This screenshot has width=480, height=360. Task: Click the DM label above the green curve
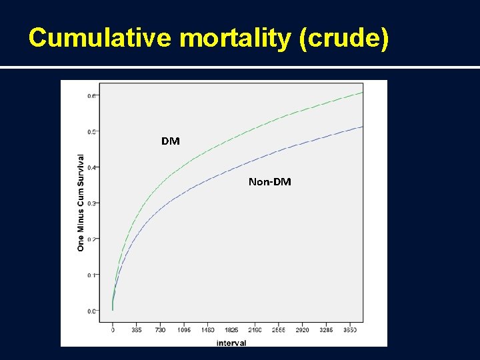click(170, 141)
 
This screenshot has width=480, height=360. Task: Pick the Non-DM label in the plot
click(269, 181)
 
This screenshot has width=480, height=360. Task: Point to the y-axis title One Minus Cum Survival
click(81, 203)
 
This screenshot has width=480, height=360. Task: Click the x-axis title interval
click(231, 343)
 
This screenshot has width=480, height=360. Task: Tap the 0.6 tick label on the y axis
click(91, 95)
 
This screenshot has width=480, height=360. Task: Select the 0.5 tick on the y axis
click(91, 131)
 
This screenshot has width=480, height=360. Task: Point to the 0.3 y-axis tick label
click(91, 203)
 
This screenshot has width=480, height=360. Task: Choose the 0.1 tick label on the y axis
click(91, 275)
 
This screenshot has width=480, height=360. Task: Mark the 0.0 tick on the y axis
click(91, 311)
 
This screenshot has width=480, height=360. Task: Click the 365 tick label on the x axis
click(137, 330)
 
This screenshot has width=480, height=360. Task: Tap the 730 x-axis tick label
click(161, 330)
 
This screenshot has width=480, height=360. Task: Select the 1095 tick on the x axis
click(185, 330)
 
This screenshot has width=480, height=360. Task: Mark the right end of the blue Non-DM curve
click(362, 127)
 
